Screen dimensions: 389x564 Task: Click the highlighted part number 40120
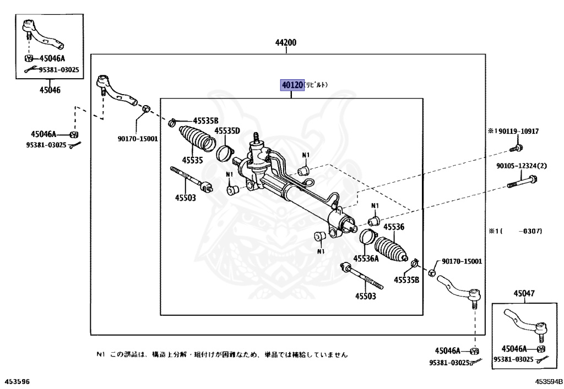pyautogui.click(x=292, y=85)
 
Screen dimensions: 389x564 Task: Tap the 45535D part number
pyautogui.click(x=227, y=131)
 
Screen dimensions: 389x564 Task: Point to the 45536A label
pyautogui.click(x=366, y=258)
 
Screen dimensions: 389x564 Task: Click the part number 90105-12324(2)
pyautogui.click(x=521, y=166)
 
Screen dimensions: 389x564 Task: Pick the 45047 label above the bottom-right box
pyautogui.click(x=524, y=294)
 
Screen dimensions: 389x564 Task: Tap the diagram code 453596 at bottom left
pyautogui.click(x=18, y=381)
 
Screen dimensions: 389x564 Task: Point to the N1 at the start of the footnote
pyautogui.click(x=100, y=355)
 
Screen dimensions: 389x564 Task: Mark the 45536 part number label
pyautogui.click(x=394, y=227)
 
